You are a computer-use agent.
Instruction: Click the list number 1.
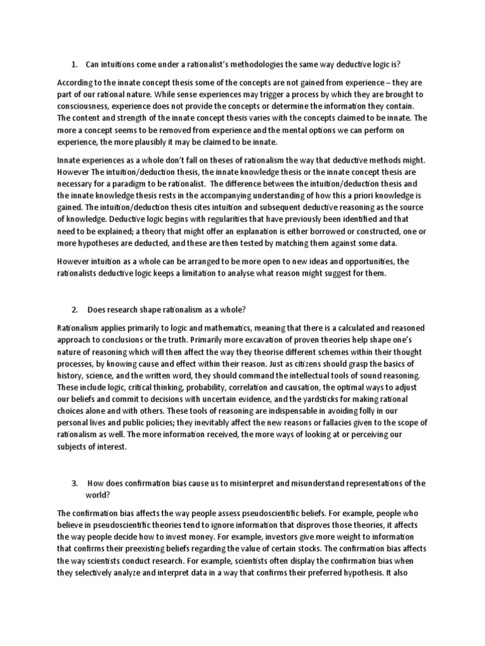pos(74,64)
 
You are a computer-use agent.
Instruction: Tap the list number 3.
pos(74,483)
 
